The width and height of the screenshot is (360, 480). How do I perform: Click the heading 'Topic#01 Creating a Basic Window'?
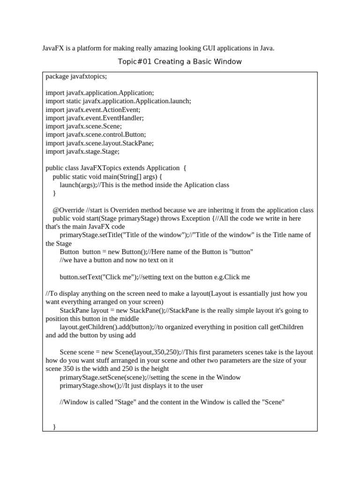[180, 62]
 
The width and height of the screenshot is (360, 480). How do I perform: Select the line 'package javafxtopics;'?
[76, 76]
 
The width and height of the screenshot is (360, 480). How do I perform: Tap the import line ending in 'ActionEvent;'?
[93, 110]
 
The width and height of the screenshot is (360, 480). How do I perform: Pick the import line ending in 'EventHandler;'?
[95, 118]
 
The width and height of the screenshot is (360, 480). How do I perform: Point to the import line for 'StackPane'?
[99, 143]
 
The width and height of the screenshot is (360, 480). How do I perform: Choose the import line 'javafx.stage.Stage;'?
[82, 152]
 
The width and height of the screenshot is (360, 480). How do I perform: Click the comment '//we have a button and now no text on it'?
[117, 260]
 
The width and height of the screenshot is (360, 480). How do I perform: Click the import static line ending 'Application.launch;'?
[118, 101]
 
